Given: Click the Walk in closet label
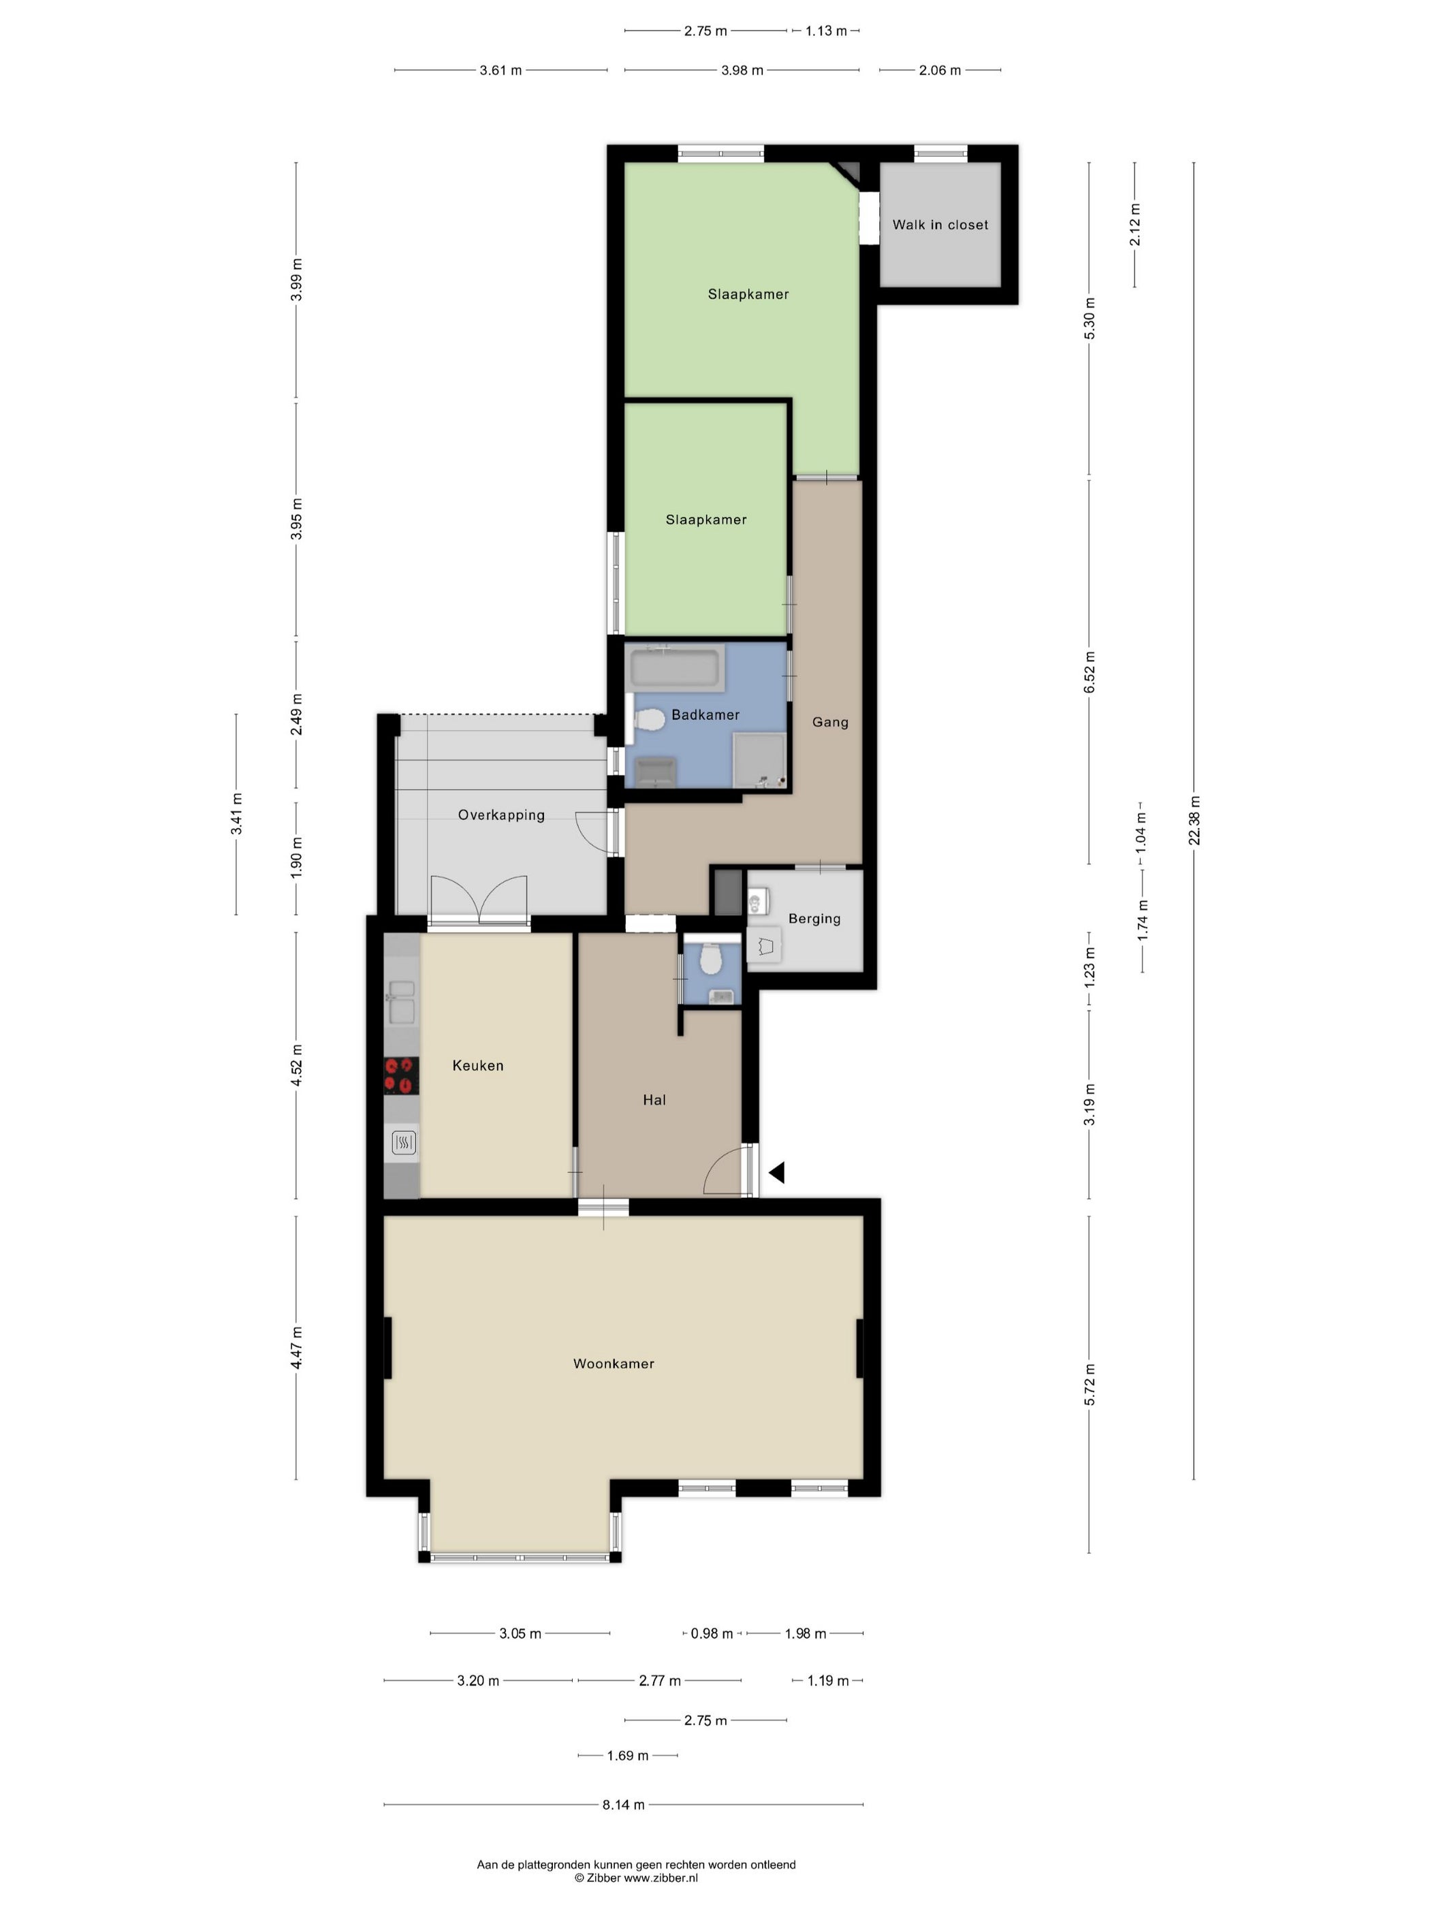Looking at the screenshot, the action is [940, 225].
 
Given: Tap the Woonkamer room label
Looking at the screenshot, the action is [614, 1364].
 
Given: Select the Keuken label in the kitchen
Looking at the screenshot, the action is [477, 1066].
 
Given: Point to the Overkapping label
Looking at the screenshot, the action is [500, 815].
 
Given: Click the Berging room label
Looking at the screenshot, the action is [814, 919].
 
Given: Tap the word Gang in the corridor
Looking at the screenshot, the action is [830, 723].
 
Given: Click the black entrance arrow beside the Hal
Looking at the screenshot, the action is [777, 1173].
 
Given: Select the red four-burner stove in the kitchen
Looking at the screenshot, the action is [401, 1076].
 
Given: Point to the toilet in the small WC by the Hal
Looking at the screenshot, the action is [710, 959].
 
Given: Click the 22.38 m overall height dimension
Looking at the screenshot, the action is [1194, 821].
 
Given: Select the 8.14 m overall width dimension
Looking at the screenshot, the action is [623, 1804].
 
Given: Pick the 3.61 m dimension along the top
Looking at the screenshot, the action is [500, 71].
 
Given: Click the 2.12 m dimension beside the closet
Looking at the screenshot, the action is [1135, 224].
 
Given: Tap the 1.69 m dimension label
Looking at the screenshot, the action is [628, 1755].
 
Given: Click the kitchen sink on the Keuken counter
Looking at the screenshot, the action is [402, 1002].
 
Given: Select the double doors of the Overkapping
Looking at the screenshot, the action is [479, 901].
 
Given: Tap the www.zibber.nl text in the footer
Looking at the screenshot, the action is [661, 1878].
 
